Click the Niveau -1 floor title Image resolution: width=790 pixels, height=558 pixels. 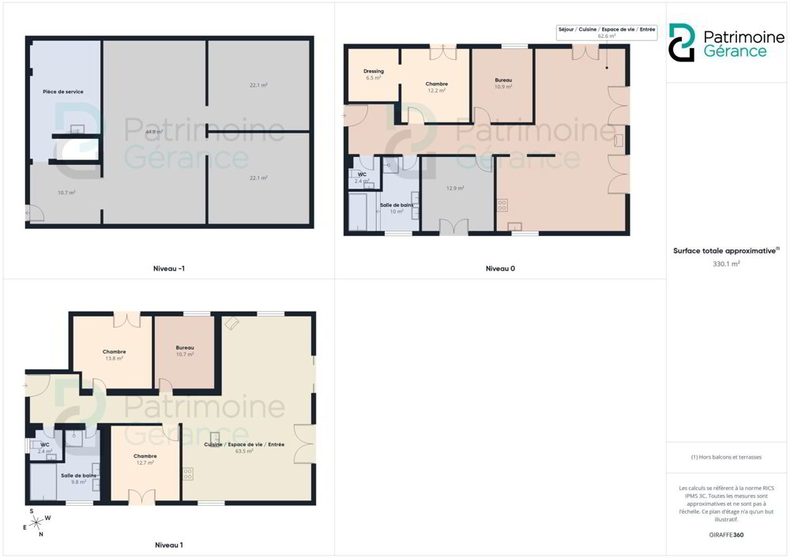pyautogui.click(x=169, y=268)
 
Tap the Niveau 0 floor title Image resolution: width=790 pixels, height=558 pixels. pyautogui.click(x=500, y=268)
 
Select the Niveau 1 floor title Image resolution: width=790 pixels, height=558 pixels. pyautogui.click(x=169, y=545)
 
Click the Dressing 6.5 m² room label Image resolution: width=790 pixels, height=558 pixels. pyautogui.click(x=374, y=74)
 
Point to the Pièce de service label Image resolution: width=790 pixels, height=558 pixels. pyautogui.click(x=63, y=92)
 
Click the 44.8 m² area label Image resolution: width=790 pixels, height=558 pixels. pyautogui.click(x=154, y=132)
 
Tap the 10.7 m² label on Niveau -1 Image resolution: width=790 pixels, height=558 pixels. pyautogui.click(x=66, y=193)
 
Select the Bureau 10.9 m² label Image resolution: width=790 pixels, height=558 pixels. pyautogui.click(x=503, y=83)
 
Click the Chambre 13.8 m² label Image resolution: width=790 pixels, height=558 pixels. pyautogui.click(x=115, y=354)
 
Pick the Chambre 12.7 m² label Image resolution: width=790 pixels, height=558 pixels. pyautogui.click(x=145, y=459)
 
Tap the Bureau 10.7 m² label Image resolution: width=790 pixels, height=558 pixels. pyautogui.click(x=185, y=350)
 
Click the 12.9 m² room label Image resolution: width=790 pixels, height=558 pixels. pyautogui.click(x=455, y=188)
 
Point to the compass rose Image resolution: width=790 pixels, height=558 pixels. pyautogui.click(x=37, y=523)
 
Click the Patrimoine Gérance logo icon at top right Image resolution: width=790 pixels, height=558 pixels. pyautogui.click(x=682, y=43)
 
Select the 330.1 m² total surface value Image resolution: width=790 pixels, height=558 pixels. pyautogui.click(x=726, y=264)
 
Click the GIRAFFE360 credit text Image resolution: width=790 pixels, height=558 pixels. pyautogui.click(x=726, y=535)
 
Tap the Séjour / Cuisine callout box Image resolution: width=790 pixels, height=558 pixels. pyautogui.click(x=607, y=32)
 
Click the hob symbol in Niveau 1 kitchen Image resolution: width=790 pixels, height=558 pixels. pyautogui.click(x=188, y=474)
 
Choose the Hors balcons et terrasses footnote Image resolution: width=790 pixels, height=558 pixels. pyautogui.click(x=726, y=457)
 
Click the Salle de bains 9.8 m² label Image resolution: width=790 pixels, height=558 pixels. pyautogui.click(x=78, y=478)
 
